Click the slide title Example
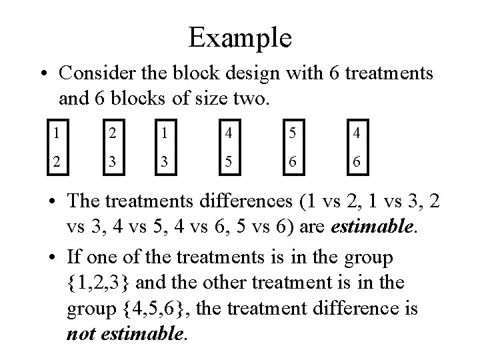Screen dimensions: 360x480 point(240,37)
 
